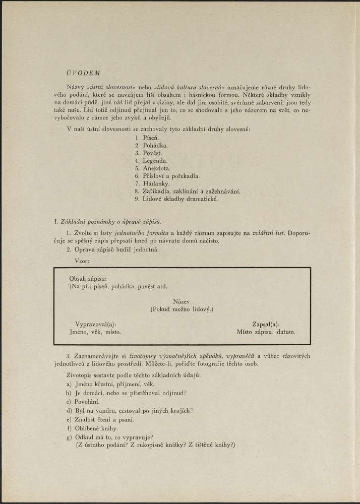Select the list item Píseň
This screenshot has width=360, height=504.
[x=151, y=138]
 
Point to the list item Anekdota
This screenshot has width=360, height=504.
[x=156, y=168]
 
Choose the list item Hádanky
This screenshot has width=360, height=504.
[x=156, y=183]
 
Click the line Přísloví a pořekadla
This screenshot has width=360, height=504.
[x=171, y=176]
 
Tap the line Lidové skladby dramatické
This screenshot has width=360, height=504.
[x=180, y=199]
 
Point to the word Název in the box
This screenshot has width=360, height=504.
[x=182, y=301]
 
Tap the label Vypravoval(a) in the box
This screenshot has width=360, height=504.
[x=95, y=325]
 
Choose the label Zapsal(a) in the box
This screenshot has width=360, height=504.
[x=266, y=325]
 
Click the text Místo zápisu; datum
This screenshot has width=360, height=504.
[x=266, y=332]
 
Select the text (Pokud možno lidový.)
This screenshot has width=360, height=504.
[x=182, y=308]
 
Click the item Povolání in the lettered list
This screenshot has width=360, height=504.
[x=86, y=401]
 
